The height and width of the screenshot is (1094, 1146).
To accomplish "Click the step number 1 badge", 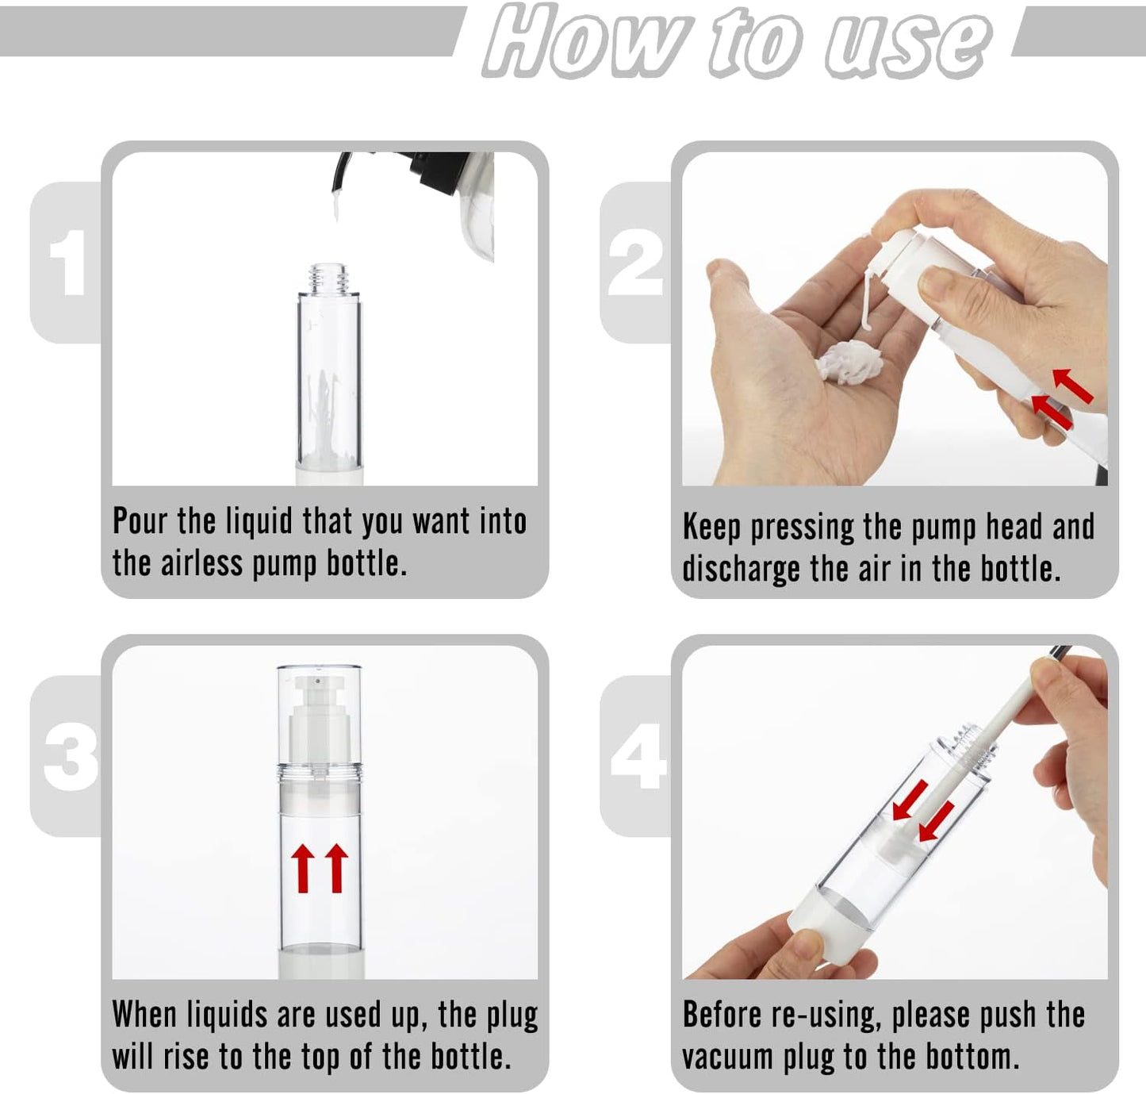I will (x=67, y=263).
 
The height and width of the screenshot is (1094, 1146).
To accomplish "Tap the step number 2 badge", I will (x=635, y=263).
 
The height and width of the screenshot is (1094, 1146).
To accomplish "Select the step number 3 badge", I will (x=70, y=756).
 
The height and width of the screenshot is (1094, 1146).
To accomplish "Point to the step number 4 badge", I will (x=638, y=756).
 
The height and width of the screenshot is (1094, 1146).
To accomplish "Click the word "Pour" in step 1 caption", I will (x=140, y=522).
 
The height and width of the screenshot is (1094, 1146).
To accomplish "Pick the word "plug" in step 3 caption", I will (x=511, y=1016).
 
